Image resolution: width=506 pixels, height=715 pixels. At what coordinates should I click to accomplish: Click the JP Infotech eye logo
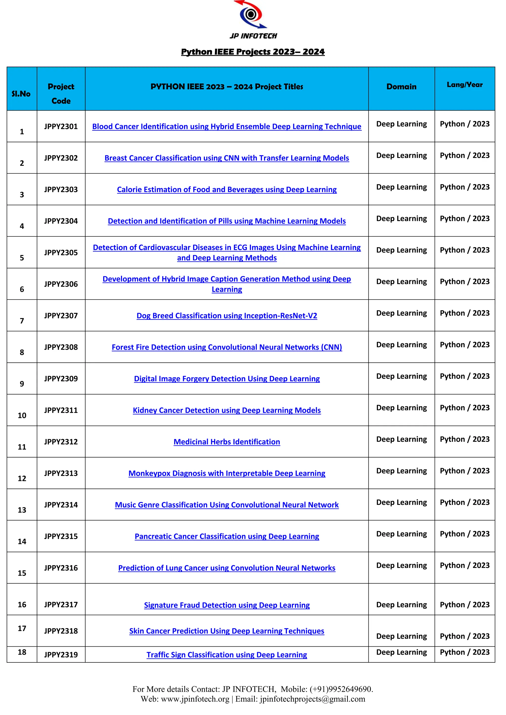251,14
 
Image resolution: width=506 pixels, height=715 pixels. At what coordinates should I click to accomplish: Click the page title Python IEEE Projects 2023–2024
253,52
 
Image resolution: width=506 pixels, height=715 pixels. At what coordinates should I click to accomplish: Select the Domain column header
401,87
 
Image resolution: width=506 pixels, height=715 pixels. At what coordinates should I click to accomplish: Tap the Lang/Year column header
464,85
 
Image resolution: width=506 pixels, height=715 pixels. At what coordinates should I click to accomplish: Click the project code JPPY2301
61,126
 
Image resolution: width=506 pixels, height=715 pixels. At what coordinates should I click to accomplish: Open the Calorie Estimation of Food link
227,189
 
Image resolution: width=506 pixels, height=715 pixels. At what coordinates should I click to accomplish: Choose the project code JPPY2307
61,316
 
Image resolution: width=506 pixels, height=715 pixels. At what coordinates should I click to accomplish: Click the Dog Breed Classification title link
227,316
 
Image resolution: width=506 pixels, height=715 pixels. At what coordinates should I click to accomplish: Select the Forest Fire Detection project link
227,347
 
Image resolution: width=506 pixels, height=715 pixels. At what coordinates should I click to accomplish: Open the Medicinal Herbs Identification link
227,442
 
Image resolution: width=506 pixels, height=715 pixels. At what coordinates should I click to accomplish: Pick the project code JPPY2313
61,473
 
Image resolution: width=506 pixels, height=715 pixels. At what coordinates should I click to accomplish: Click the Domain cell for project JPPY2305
401,250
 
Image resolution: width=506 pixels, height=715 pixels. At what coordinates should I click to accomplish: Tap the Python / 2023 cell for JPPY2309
464,376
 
